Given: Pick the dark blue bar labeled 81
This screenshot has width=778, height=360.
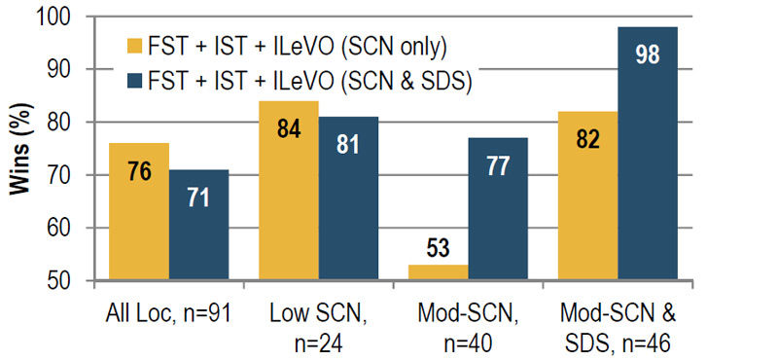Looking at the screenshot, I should coord(348,198).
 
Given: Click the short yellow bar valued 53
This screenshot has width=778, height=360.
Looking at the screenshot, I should coord(439,272).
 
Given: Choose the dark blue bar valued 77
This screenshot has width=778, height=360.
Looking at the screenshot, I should coord(498,209).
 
